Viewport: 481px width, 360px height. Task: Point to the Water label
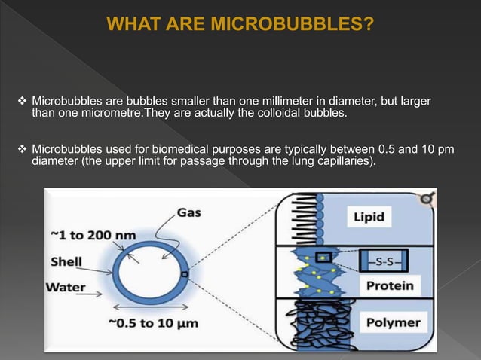pos(66,286)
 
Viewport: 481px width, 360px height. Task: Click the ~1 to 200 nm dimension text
pos(93,235)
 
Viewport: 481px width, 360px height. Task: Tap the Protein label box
pos(389,285)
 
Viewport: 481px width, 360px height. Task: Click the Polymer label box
pos(392,323)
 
